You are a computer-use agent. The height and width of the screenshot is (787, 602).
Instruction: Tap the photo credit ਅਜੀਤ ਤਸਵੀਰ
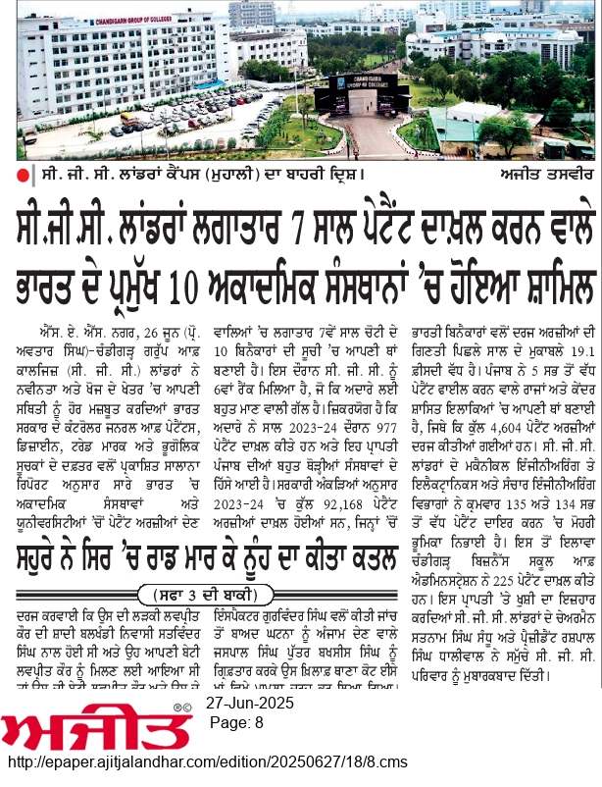pos(538,175)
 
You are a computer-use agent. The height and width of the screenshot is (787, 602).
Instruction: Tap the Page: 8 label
pos(238,751)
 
